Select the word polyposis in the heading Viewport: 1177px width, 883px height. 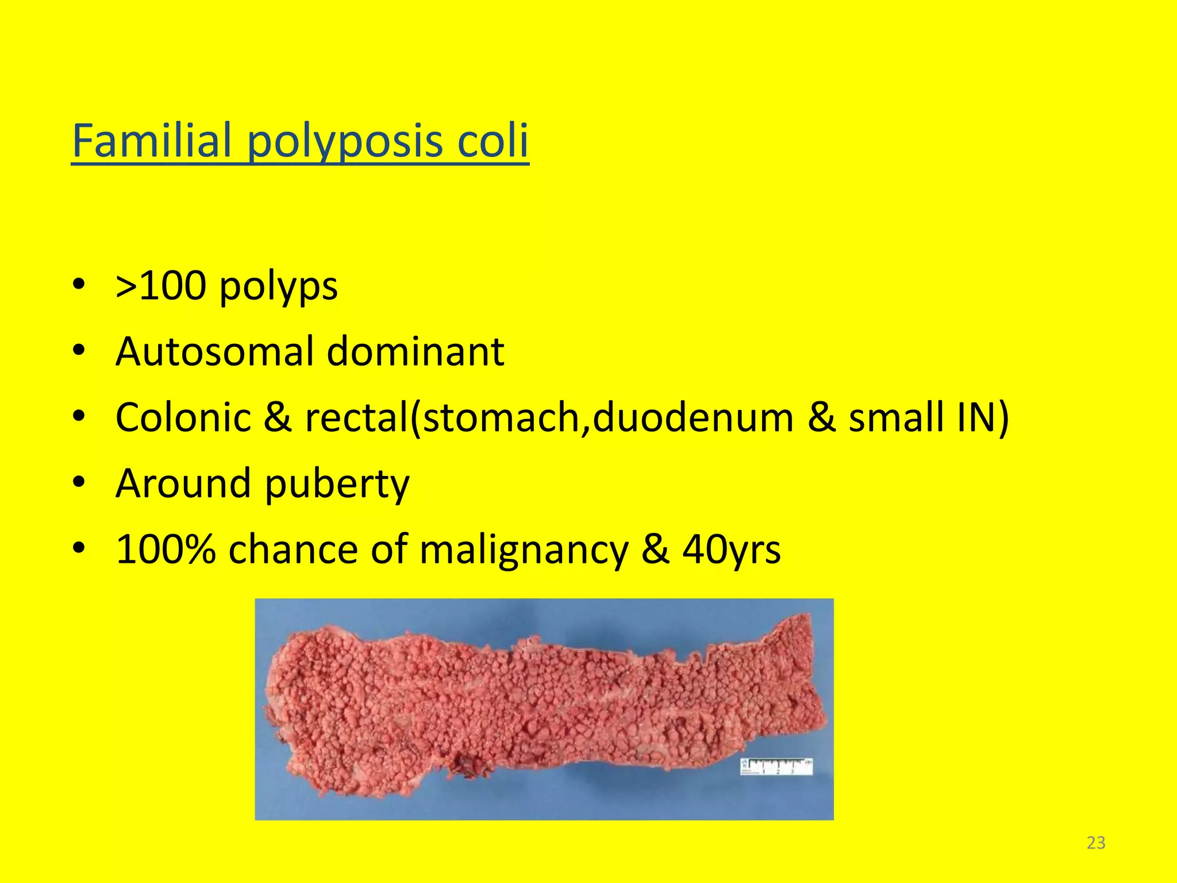click(x=345, y=143)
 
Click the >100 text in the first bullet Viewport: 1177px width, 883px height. click(x=161, y=286)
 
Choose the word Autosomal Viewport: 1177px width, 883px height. click(x=215, y=351)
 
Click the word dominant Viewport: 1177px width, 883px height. click(x=415, y=351)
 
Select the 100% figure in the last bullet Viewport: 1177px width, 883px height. click(x=166, y=549)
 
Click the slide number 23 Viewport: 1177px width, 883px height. click(x=1096, y=843)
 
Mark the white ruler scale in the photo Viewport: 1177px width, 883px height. click(x=776, y=766)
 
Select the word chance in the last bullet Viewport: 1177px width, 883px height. click(x=293, y=549)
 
